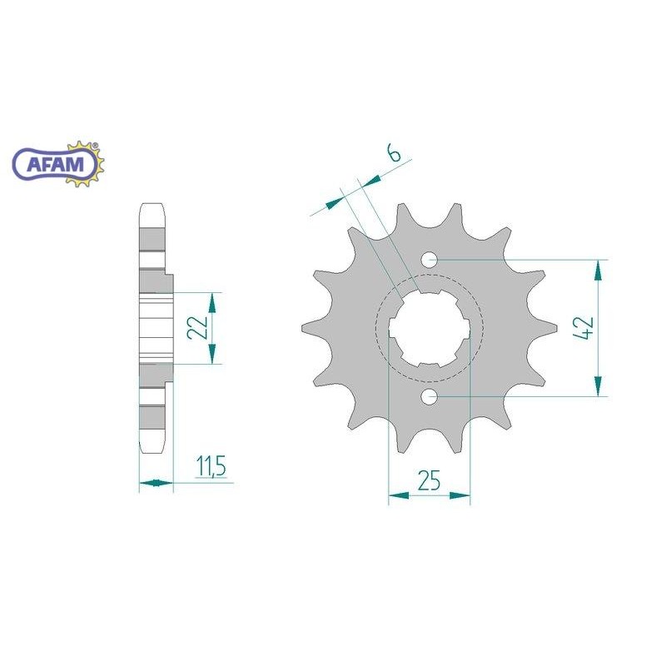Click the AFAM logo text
pyautogui.click(x=55, y=164)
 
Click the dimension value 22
pyautogui.click(x=198, y=328)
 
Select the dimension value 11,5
pyautogui.click(x=211, y=466)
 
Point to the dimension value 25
pyautogui.click(x=429, y=480)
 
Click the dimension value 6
pyautogui.click(x=394, y=154)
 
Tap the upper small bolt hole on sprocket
pyautogui.click(x=430, y=260)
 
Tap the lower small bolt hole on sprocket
pyautogui.click(x=430, y=397)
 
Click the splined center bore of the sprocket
pyautogui.click(x=429, y=328)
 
